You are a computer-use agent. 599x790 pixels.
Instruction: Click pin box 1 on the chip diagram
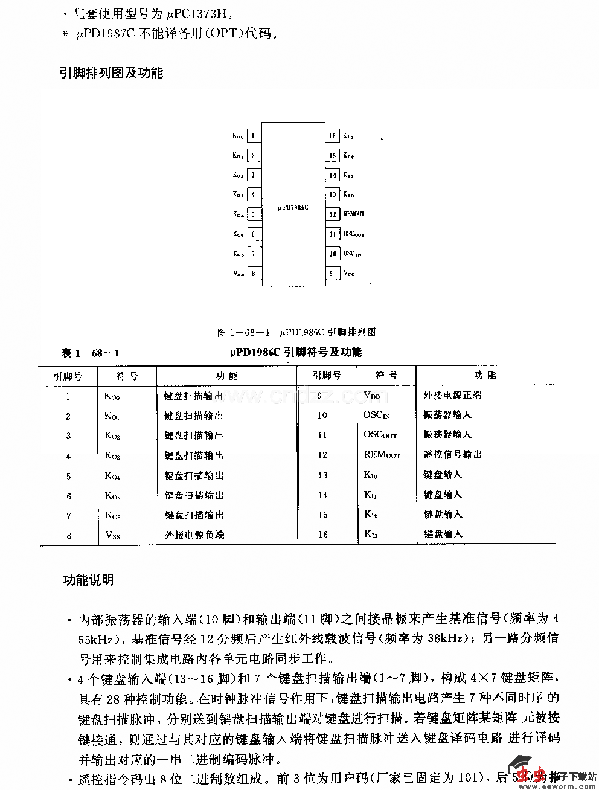[254, 136]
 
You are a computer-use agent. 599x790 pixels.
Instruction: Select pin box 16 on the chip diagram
[332, 136]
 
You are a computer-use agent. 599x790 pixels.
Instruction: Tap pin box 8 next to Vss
[254, 274]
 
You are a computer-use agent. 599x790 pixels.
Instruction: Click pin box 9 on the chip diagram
[332, 274]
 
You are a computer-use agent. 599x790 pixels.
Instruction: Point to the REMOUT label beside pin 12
[354, 214]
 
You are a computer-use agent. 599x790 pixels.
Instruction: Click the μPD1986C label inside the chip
[293, 207]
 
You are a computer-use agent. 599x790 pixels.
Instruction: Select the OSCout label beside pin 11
[354, 234]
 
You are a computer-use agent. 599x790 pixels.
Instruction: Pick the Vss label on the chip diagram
[239, 274]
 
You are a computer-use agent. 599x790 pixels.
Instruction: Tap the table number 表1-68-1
[90, 353]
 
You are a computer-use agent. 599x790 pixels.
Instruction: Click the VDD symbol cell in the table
[372, 396]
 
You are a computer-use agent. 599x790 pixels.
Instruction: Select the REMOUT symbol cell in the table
[382, 455]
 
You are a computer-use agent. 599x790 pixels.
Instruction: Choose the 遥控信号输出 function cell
[452, 455]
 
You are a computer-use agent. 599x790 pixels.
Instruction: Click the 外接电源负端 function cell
[194, 535]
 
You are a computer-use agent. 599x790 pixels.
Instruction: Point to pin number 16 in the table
[323, 535]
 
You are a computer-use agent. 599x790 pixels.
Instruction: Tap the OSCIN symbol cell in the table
[377, 415]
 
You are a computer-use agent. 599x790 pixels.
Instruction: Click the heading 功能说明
[88, 580]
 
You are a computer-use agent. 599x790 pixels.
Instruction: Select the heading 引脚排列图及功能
[111, 73]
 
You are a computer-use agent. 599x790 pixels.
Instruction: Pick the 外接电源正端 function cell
[452, 396]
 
